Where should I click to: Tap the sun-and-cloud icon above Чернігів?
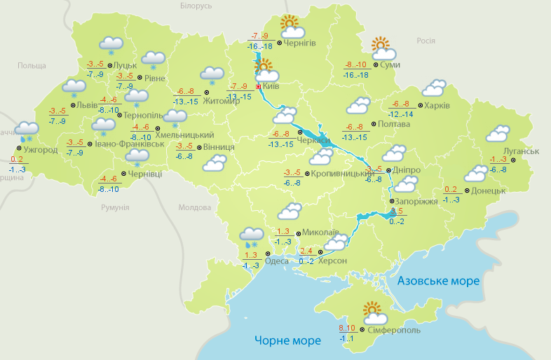[292, 28]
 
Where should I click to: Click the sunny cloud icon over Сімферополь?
[373, 312]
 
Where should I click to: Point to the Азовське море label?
[439, 281]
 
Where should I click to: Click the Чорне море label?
[287, 340]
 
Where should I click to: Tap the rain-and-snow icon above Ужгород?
[27, 130]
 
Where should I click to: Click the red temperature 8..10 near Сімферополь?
[346, 328]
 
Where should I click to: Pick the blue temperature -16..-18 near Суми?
[356, 74]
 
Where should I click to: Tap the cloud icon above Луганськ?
[498, 133]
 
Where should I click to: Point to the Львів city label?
[88, 104]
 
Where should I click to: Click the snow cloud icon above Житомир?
[212, 75]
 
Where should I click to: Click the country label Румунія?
[115, 207]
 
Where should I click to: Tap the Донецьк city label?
[489, 190]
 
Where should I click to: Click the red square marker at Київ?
[258, 87]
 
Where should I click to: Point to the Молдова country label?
[194, 207]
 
